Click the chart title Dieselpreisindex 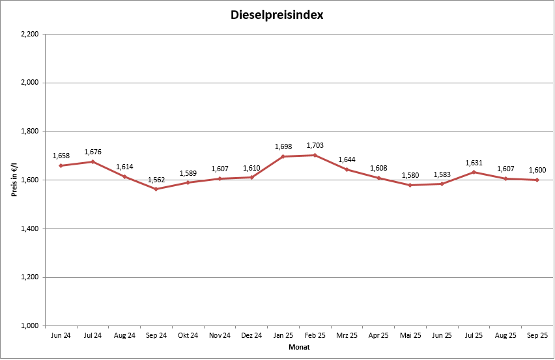pos(277,14)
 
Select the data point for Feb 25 pos(315,155)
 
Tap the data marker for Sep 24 pos(156,189)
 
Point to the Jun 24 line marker pos(61,165)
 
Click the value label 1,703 pos(315,145)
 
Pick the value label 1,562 pos(156,179)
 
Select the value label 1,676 pos(92,152)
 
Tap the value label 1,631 pos(474,163)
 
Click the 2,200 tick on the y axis pos(29,34)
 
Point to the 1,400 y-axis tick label pos(29,228)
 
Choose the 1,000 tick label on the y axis pos(29,325)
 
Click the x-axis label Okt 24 pos(188,336)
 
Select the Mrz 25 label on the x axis pos(347,336)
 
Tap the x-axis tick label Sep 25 pos(537,336)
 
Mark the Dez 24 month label pos(251,336)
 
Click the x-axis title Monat pos(299,348)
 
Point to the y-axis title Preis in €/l pos(13,180)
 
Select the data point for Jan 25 pos(283,156)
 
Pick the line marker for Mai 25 pos(410,185)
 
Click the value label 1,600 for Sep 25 pos(537,170)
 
